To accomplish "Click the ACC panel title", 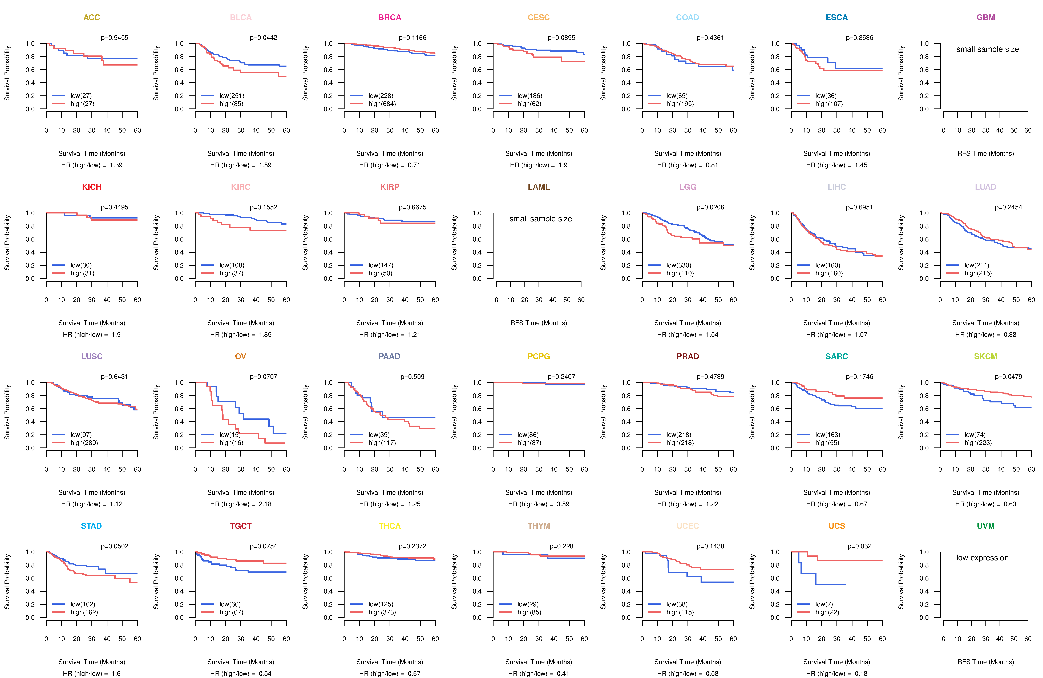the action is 92,18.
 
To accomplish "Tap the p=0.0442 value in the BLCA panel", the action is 263,38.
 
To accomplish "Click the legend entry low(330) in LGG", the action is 679,265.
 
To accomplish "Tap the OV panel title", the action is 241,356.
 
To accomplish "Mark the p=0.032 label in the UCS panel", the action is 859,546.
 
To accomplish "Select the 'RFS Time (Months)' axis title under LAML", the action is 539,323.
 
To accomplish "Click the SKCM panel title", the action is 986,356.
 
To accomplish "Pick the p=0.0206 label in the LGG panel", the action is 710,207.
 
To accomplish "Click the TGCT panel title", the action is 241,526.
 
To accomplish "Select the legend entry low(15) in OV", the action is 230,435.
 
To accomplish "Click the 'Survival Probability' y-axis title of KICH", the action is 7,242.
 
